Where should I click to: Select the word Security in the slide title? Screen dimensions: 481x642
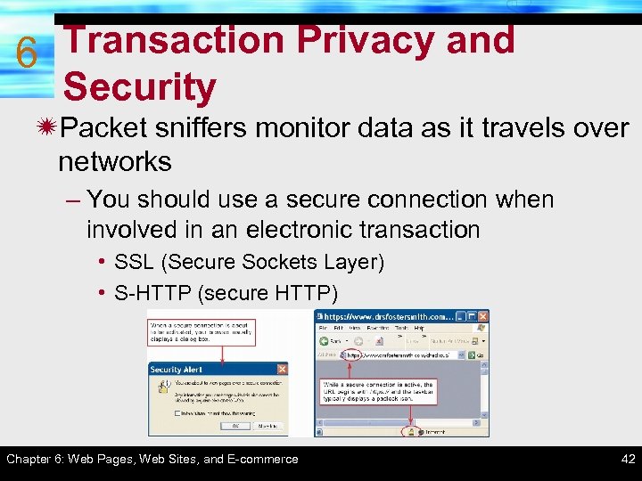click(x=140, y=87)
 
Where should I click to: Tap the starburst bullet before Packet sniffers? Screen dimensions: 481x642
click(x=43, y=128)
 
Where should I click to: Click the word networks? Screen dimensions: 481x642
click(x=115, y=161)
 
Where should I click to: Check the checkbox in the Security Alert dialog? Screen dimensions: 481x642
click(x=177, y=413)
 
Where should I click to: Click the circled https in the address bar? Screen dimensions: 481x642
click(x=354, y=354)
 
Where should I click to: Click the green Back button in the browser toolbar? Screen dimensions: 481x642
click(x=323, y=340)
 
